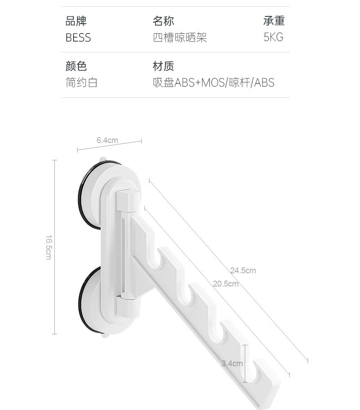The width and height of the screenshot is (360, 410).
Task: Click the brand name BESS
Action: [78, 37]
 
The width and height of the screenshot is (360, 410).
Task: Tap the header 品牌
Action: [76, 21]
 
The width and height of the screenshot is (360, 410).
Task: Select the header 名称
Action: [163, 21]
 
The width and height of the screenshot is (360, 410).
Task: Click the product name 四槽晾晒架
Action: [180, 37]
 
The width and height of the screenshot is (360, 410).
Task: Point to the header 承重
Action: [273, 21]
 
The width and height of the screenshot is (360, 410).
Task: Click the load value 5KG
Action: [273, 37]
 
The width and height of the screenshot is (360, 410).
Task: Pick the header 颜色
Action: [76, 67]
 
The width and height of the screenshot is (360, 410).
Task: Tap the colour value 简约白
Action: [82, 83]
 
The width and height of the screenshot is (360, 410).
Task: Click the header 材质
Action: [163, 67]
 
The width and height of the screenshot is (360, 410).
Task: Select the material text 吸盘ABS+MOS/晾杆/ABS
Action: [213, 83]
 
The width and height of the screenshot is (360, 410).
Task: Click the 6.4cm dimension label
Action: [107, 140]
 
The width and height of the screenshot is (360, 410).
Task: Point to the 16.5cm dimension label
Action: [48, 247]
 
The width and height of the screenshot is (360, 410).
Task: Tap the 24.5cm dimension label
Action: [243, 271]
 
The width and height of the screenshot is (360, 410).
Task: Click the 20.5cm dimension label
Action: [226, 284]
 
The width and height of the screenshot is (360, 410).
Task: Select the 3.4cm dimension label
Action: [232, 364]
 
